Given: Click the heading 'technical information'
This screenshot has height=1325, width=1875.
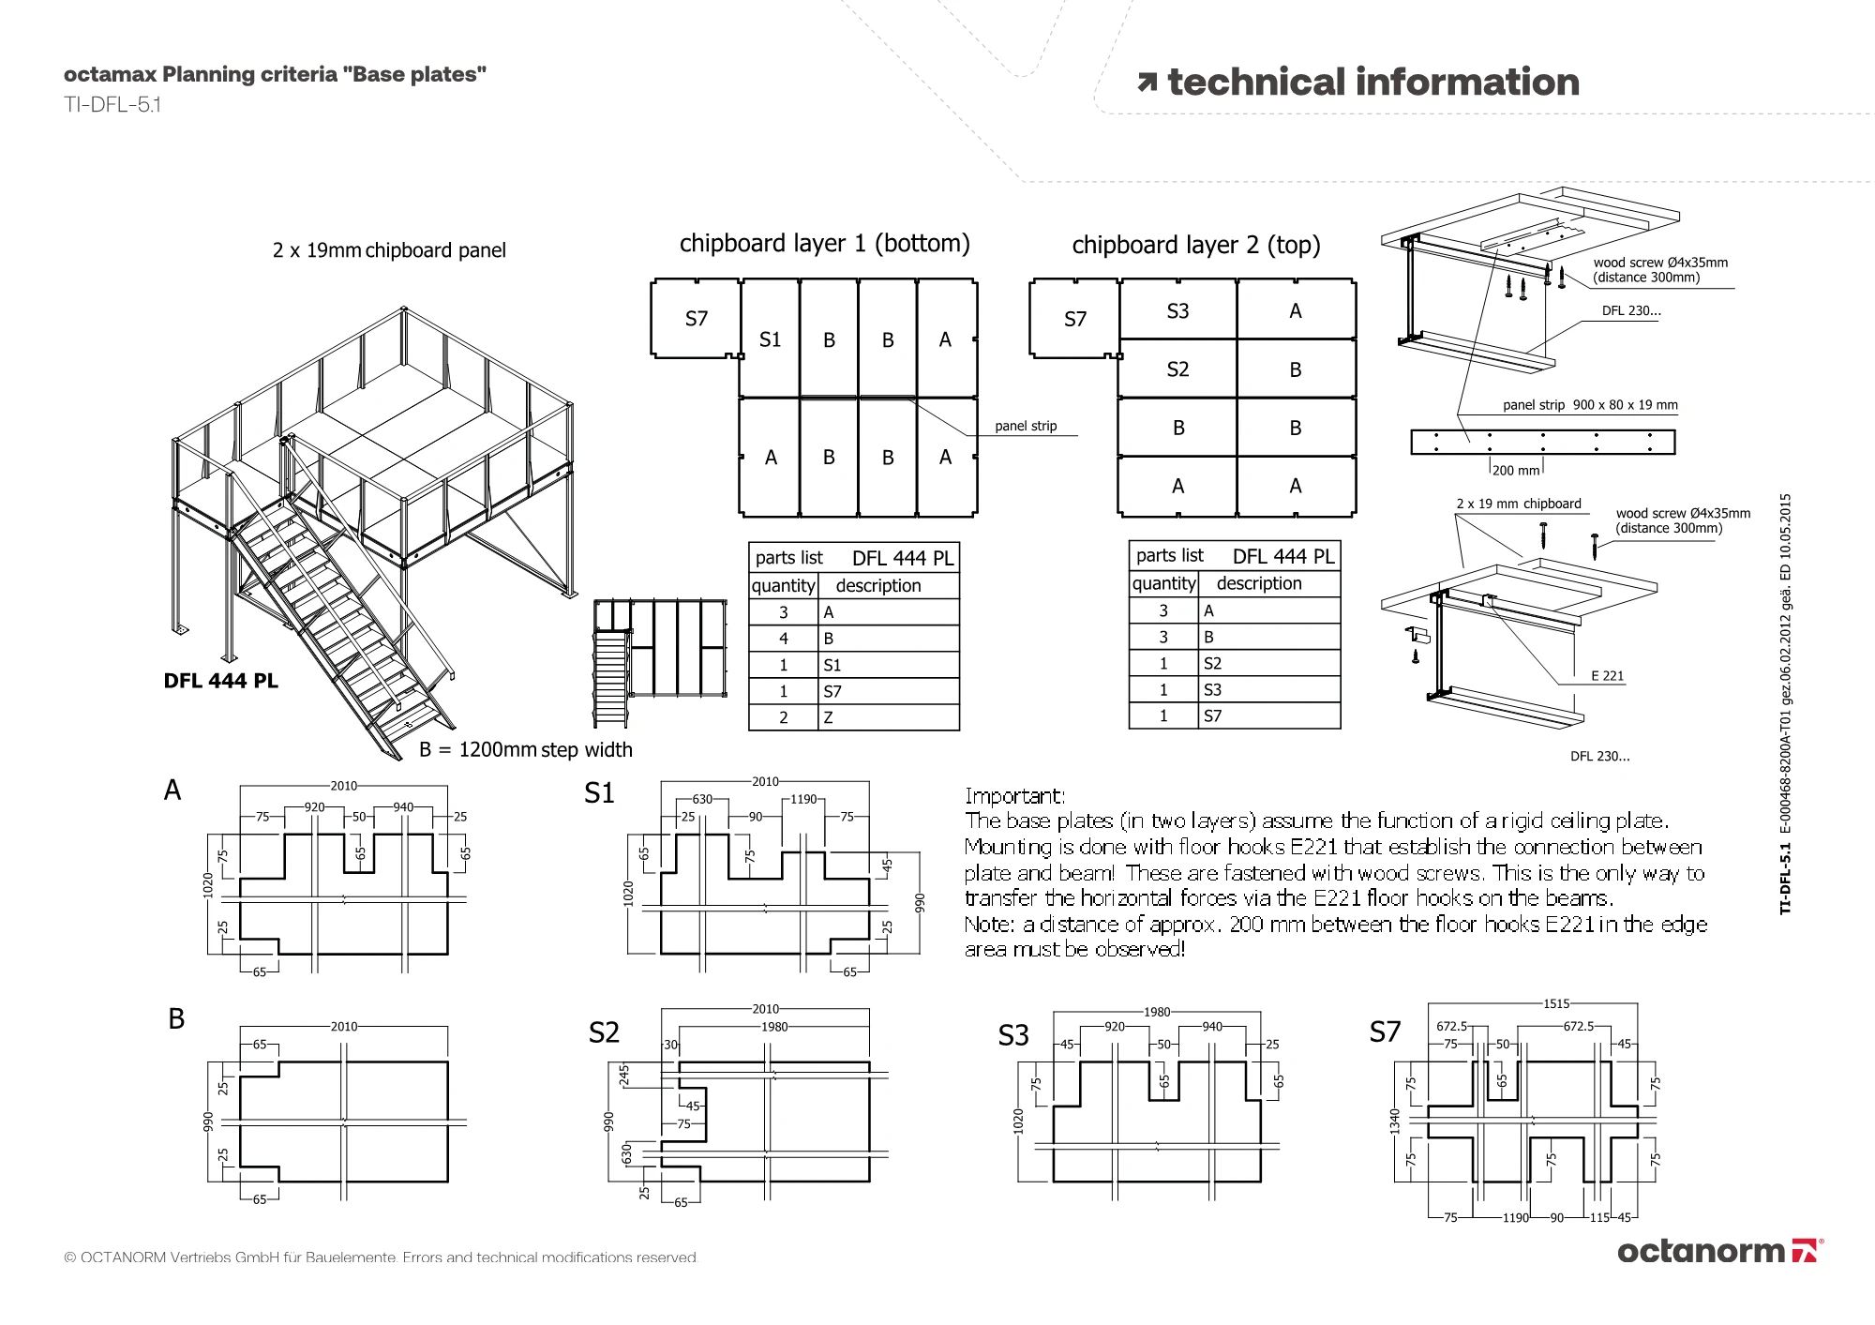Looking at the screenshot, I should (1372, 83).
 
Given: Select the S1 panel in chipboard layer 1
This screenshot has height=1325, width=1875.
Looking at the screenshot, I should (770, 339).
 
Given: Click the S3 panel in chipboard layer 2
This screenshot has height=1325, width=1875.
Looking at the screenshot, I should (1177, 311).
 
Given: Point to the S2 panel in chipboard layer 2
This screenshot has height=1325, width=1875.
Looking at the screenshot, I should (1177, 369).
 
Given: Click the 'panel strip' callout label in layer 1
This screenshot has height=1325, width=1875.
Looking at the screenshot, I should (1026, 426).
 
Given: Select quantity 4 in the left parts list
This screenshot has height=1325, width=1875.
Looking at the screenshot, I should (784, 639).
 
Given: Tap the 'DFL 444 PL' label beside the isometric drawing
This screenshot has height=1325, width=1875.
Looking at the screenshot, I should (220, 681).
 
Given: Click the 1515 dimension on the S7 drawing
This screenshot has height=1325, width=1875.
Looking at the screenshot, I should (1556, 1003).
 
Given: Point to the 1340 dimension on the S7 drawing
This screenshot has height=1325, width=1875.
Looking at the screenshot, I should (1395, 1121).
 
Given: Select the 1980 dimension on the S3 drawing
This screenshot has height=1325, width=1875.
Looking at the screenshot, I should (1157, 1012).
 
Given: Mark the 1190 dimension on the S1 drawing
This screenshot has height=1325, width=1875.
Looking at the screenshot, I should (803, 799).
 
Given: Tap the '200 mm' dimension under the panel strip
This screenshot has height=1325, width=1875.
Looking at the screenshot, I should (1516, 471).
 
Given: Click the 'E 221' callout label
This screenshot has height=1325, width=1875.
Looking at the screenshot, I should (1607, 675).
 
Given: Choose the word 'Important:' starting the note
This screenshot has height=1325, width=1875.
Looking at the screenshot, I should (1015, 796).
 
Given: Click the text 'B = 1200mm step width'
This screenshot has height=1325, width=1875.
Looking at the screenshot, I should (525, 749).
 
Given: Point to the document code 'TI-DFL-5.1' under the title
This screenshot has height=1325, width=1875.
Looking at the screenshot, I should (112, 105).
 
